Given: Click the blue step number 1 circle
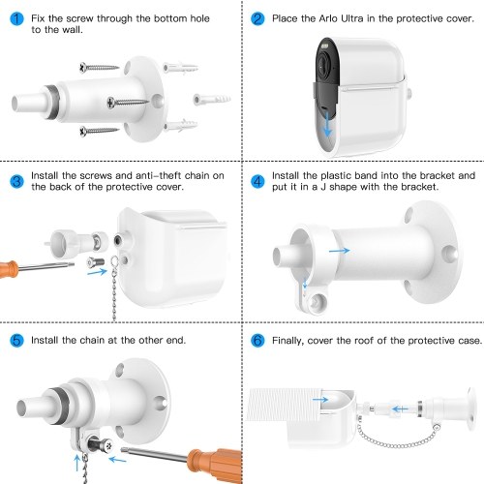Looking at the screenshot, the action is (16, 18).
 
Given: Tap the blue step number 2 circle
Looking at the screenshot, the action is (257, 18).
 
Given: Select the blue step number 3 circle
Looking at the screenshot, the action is (16, 181).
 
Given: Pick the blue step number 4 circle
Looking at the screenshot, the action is (257, 181).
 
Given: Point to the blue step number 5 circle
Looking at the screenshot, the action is (16, 341).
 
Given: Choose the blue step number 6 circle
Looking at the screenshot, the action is (257, 341).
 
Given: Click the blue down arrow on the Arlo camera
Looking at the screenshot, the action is (327, 124).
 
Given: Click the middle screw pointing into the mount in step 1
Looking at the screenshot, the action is (128, 103).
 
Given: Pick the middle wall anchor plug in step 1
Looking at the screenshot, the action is (212, 99).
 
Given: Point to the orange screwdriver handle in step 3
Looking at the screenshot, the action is (9, 270).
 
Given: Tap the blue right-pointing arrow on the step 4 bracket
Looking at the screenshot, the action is (340, 251).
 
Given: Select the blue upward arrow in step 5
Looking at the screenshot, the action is (76, 463).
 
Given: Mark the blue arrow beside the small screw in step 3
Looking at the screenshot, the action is (97, 272).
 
